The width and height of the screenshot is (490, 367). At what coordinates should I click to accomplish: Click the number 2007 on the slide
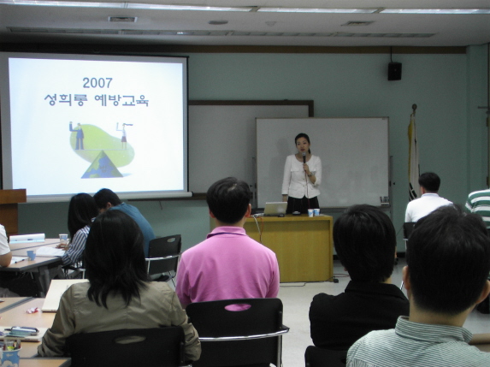(97, 83)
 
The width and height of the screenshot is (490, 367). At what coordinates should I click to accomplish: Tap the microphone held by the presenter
(304, 157)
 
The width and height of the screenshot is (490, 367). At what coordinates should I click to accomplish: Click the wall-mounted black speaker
(395, 71)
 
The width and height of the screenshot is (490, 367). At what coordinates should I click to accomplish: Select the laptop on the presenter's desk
(275, 209)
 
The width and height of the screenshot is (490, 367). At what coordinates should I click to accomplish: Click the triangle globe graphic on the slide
(102, 165)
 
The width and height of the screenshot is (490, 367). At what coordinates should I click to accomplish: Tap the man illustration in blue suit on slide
(79, 136)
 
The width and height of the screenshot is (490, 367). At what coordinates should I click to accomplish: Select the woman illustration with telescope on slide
(124, 135)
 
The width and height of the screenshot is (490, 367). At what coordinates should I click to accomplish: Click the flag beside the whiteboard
(413, 157)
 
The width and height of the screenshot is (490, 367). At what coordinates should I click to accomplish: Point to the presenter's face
(302, 144)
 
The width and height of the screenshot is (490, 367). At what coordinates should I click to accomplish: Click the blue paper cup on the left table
(32, 255)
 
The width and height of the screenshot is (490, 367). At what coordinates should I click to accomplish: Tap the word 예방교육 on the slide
(121, 100)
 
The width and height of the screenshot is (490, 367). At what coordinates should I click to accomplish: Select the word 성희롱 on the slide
(64, 100)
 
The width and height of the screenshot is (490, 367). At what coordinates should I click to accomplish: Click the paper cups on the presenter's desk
(314, 212)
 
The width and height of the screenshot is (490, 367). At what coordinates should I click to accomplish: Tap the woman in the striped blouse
(79, 231)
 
